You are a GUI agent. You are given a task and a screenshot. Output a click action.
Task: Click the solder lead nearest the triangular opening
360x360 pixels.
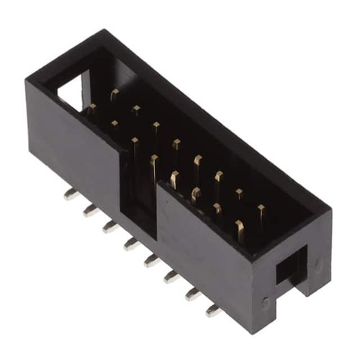[x=71, y=194]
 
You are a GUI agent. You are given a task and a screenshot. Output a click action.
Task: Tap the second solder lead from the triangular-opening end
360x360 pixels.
[x=90, y=210]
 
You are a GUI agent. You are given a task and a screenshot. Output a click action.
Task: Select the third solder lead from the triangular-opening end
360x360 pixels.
[x=110, y=227]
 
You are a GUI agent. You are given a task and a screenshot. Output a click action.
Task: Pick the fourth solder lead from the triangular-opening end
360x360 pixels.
[x=130, y=243]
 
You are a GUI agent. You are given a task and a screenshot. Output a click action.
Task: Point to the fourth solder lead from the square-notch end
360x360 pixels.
[x=150, y=260]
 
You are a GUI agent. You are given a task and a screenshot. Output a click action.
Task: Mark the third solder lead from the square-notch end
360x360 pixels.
[x=171, y=276]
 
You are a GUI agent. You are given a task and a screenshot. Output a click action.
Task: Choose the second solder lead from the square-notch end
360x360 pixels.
[x=192, y=293]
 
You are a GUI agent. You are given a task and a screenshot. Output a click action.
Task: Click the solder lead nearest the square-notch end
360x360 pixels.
[x=212, y=310]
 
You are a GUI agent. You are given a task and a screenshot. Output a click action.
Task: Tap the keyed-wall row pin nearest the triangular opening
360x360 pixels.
[x=92, y=109]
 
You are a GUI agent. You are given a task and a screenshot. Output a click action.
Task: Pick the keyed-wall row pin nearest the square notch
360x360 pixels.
[x=239, y=229]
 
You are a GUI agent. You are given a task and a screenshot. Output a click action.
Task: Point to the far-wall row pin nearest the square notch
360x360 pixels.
[x=261, y=211]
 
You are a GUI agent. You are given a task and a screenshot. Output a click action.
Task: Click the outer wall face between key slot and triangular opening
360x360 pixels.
[x=72, y=151]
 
